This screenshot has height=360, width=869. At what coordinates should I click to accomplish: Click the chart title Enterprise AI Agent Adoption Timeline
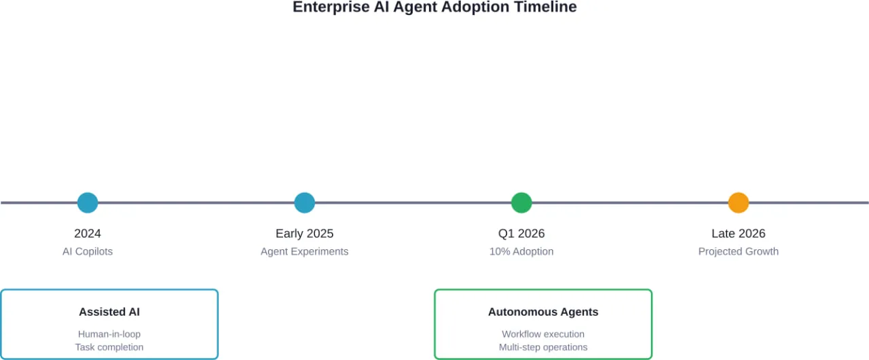(x=434, y=7)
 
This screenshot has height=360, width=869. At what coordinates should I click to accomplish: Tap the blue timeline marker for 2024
(x=88, y=202)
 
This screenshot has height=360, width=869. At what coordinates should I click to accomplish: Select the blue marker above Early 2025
(x=305, y=202)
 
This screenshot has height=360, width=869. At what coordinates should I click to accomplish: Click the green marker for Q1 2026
(x=521, y=202)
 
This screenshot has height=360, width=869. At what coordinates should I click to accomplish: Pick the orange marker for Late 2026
(x=739, y=202)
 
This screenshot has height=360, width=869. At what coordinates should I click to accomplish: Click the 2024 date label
(x=88, y=234)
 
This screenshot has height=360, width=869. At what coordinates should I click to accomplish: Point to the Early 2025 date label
(x=305, y=234)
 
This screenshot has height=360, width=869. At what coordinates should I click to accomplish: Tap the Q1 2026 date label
(x=521, y=234)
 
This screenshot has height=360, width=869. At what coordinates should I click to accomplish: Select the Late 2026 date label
(x=739, y=234)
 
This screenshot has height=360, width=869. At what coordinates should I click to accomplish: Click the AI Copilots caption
(x=88, y=251)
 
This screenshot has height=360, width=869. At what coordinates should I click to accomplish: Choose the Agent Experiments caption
(x=305, y=251)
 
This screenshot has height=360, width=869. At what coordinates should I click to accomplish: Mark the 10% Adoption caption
(x=521, y=251)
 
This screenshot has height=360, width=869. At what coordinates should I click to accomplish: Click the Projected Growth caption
(x=739, y=251)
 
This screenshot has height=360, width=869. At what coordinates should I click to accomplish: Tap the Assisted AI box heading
(x=109, y=312)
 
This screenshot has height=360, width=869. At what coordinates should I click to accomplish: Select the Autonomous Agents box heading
(x=543, y=312)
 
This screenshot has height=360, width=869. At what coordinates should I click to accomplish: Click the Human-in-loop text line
(x=109, y=334)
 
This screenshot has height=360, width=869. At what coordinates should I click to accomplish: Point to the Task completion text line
(x=109, y=347)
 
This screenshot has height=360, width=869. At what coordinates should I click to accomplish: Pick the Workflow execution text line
(x=543, y=334)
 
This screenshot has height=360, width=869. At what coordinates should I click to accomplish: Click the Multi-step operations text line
(x=543, y=347)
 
